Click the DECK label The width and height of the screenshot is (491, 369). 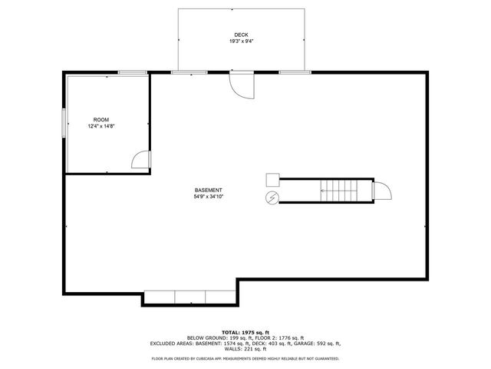click(x=241, y=35)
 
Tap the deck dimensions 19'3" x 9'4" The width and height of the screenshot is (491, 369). click(x=241, y=42)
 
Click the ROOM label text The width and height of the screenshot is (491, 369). click(x=101, y=119)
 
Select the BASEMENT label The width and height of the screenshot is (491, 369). click(x=208, y=190)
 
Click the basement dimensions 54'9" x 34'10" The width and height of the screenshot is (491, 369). click(x=208, y=196)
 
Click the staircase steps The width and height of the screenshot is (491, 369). click(x=339, y=190)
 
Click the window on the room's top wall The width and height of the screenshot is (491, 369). click(x=133, y=72)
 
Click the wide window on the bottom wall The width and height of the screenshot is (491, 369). click(x=189, y=297)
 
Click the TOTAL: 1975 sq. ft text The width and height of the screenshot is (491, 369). click(x=245, y=331)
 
